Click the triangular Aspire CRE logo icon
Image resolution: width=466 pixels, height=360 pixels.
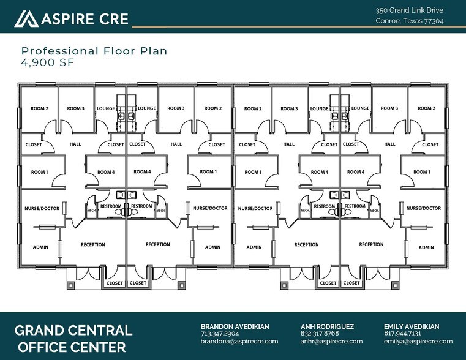pos(26,19)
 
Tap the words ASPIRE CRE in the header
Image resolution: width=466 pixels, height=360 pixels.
pos(85,19)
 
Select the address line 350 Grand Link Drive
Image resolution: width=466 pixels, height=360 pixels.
pos(410,10)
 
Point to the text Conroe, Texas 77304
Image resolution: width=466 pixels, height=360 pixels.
pos(410,21)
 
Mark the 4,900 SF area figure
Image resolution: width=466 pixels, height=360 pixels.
pos(43,62)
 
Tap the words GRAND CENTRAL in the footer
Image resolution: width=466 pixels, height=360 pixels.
pos(73,331)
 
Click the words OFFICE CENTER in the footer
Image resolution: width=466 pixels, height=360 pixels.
pos(73,348)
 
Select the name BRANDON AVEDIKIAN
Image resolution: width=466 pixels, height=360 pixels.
pos(235,327)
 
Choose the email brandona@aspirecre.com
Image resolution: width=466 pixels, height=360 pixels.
pos(239,342)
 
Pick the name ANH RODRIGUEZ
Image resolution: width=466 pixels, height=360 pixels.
pos(327,327)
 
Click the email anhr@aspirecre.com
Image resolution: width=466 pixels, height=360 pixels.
pos(331,342)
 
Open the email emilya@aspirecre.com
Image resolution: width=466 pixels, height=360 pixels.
pos(418,342)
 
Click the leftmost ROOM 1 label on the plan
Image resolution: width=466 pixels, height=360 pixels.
pos(39,173)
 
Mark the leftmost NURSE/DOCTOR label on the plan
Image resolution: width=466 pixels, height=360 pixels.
pos(42,208)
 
